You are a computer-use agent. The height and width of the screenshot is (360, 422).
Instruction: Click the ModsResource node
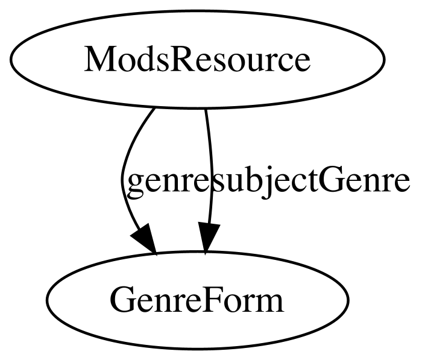pyautogui.click(x=198, y=60)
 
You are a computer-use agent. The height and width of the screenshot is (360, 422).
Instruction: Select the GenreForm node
pyautogui.click(x=198, y=300)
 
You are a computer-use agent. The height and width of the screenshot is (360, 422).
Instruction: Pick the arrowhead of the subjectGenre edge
pyautogui.click(x=209, y=238)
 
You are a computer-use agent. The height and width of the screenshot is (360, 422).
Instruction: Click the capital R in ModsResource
pyautogui.click(x=181, y=59)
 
